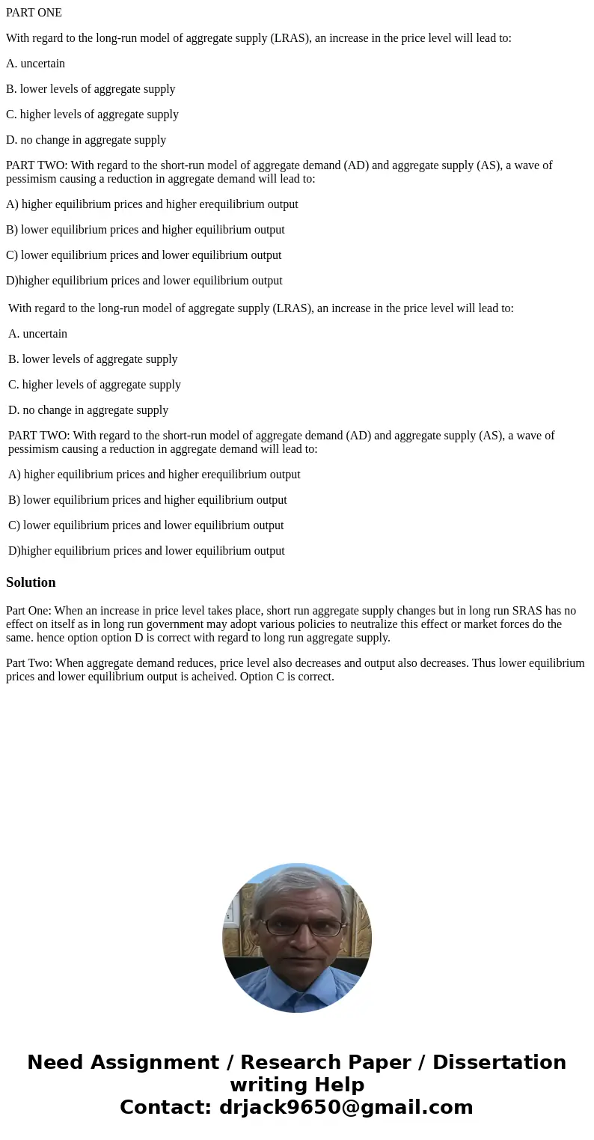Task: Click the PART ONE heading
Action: click(x=34, y=13)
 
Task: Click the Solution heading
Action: click(x=31, y=582)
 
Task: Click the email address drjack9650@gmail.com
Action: click(x=346, y=1108)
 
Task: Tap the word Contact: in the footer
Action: click(x=166, y=1108)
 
